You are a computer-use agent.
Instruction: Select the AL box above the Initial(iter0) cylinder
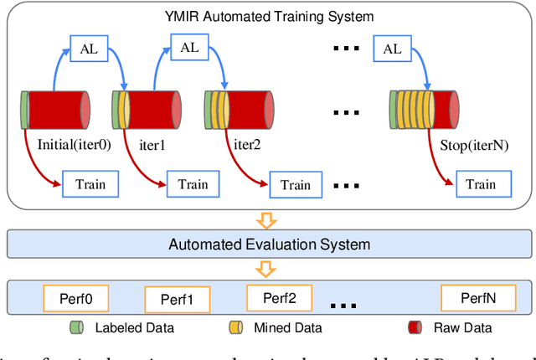pos(88,49)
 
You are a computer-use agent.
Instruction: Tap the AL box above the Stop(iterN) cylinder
pos(392,49)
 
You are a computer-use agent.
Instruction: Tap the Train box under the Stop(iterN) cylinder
pos(480,184)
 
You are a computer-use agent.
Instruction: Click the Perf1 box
pos(177,299)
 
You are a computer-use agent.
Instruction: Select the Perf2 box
pos(279,296)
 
